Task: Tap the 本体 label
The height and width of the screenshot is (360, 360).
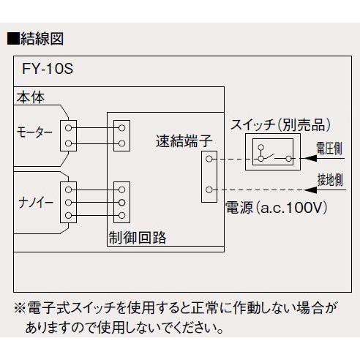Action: click(x=29, y=95)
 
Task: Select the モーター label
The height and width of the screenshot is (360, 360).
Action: click(x=35, y=132)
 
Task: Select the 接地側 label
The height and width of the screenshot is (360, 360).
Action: click(x=329, y=178)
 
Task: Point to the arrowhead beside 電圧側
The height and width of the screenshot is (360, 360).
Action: click(x=306, y=158)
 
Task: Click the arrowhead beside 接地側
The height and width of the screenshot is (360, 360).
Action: click(x=306, y=190)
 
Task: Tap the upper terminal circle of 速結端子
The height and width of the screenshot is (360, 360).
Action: click(x=210, y=158)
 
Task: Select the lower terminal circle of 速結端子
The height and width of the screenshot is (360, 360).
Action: click(x=210, y=190)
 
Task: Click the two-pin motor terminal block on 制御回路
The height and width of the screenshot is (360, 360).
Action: click(x=121, y=135)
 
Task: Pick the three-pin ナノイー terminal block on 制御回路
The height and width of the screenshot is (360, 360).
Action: click(x=121, y=201)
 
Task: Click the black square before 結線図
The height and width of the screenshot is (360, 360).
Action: click(x=12, y=38)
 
